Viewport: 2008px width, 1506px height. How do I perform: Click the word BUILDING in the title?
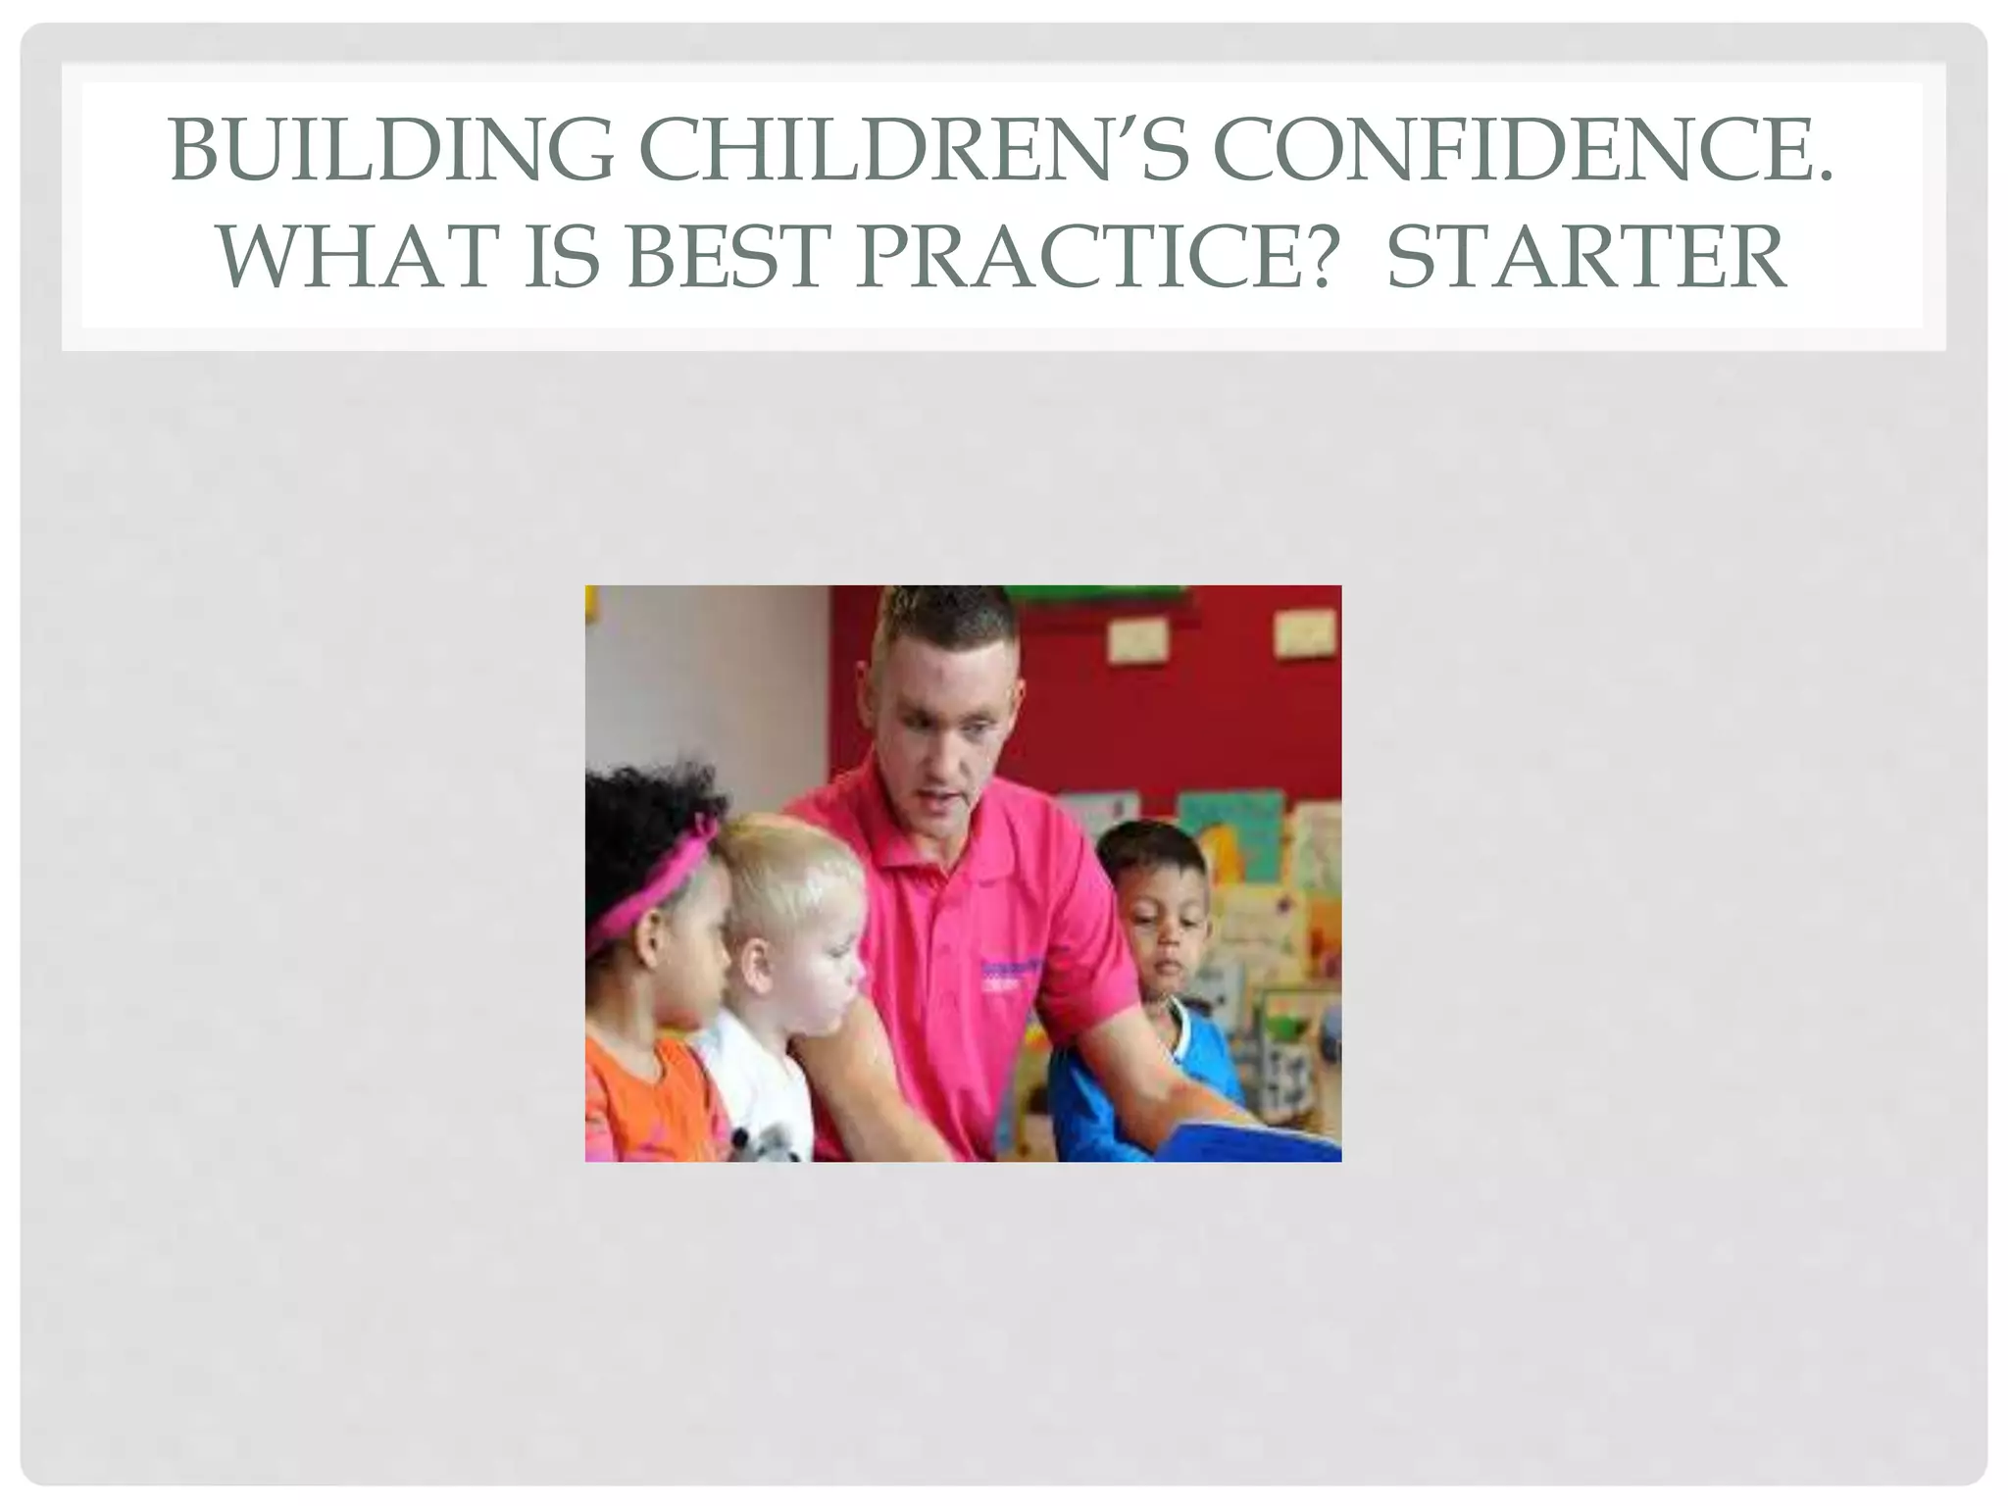[x=391, y=151]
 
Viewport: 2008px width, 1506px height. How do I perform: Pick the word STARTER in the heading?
[x=1585, y=257]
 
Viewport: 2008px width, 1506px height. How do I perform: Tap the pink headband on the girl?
[x=655, y=882]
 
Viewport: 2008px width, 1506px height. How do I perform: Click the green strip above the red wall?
[x=1098, y=594]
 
